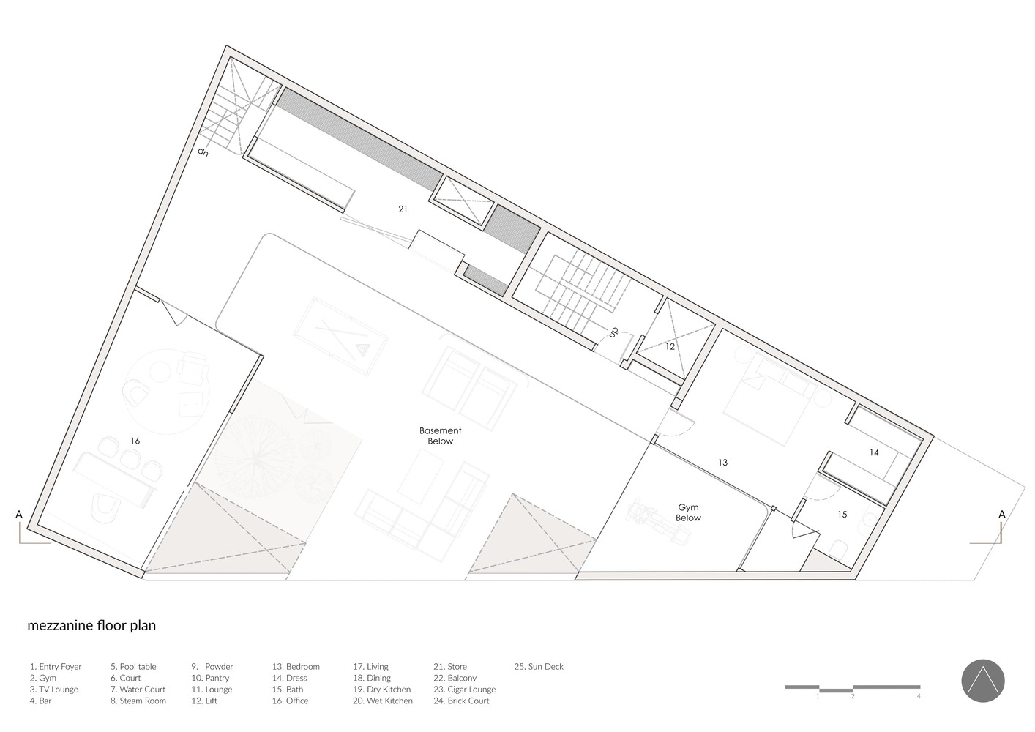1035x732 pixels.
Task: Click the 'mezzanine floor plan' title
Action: point(91,626)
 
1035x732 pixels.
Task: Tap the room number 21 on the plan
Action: point(403,209)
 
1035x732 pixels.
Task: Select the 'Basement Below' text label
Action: point(441,436)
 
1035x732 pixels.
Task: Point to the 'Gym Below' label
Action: point(688,512)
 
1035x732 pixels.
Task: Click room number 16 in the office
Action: point(135,441)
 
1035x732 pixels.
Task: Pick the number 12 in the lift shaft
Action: point(670,346)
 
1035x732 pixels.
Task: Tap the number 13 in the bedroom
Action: point(722,462)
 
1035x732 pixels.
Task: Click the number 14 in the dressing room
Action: point(874,452)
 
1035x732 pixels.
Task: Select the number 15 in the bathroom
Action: point(842,515)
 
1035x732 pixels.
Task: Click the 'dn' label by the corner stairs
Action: point(203,152)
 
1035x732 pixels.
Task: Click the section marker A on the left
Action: point(19,515)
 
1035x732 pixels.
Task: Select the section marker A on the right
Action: point(1002,515)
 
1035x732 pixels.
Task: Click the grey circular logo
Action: point(983,681)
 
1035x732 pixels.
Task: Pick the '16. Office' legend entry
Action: point(290,701)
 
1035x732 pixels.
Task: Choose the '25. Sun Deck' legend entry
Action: point(539,666)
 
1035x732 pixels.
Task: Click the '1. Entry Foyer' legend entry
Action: point(56,666)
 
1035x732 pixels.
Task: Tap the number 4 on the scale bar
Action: point(919,696)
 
